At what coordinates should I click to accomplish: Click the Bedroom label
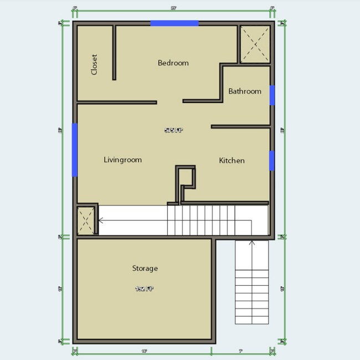(173, 63)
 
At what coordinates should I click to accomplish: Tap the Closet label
(94, 64)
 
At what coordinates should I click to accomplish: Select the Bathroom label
(244, 91)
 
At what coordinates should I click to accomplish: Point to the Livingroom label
(122, 160)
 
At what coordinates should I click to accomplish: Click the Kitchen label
(232, 161)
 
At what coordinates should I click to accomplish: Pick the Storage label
(145, 269)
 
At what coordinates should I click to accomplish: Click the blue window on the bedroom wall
(174, 23)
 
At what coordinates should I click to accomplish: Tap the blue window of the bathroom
(272, 95)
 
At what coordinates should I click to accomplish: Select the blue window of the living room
(74, 150)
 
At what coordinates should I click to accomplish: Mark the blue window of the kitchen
(272, 160)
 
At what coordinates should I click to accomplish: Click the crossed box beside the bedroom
(255, 44)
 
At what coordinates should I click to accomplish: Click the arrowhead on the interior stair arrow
(100, 220)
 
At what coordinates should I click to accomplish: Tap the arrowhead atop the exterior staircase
(251, 241)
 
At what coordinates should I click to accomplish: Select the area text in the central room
(173, 131)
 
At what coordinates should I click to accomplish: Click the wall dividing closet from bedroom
(114, 53)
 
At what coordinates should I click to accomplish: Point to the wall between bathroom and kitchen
(240, 127)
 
